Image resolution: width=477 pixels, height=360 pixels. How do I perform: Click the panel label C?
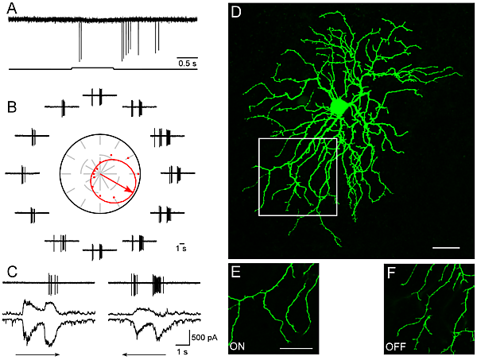coord(11,270)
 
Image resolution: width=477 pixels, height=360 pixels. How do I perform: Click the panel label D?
coord(236,14)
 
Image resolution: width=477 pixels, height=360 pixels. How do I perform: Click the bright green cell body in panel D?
coord(340,106)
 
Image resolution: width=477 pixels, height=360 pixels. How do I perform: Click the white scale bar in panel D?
coord(447,248)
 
